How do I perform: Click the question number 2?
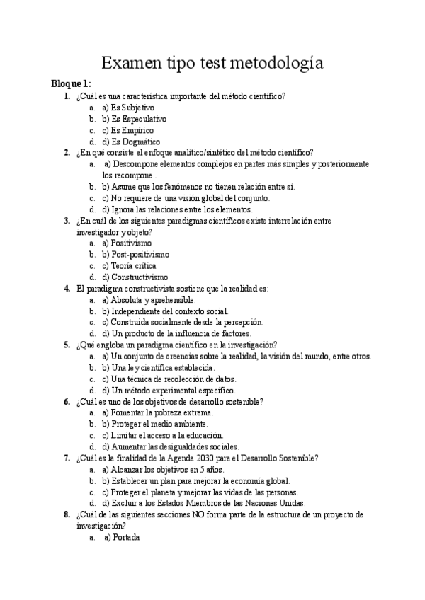(x=67, y=152)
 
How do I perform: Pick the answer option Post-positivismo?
(x=140, y=254)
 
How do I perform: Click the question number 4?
(x=67, y=288)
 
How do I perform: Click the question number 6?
(x=67, y=401)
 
